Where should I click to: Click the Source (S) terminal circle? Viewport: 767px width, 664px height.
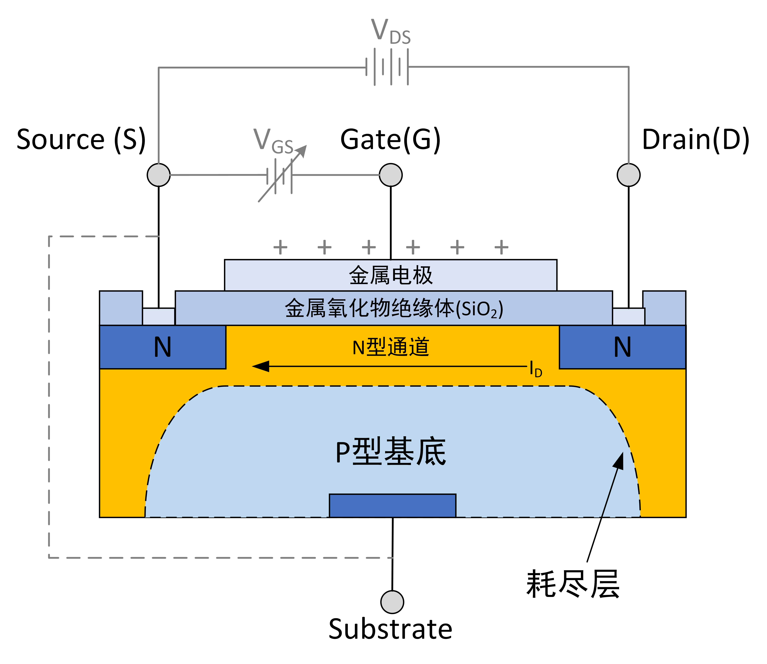(x=159, y=175)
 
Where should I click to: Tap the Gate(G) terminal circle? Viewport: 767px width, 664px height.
(x=391, y=175)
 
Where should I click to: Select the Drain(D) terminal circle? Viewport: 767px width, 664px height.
(x=628, y=175)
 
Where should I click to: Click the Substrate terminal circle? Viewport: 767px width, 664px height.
(x=392, y=602)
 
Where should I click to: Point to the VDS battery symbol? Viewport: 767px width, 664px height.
(x=387, y=67)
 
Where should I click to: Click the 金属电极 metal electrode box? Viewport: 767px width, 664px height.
(x=391, y=275)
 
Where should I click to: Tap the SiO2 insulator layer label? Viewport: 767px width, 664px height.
(x=394, y=308)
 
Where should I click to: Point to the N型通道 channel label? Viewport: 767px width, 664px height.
(x=391, y=347)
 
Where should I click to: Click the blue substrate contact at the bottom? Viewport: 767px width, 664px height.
(x=392, y=505)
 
